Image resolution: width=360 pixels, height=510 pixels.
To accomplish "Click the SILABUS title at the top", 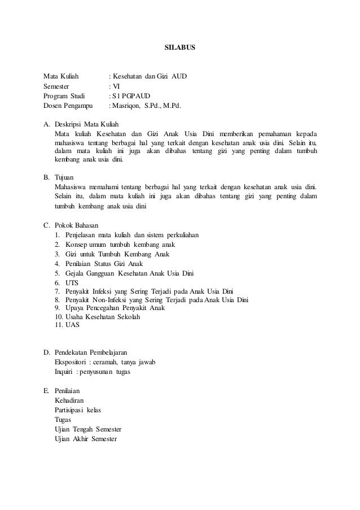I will pyautogui.click(x=180, y=49).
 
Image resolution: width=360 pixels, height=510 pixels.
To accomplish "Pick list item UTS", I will pyautogui.click(x=72, y=282).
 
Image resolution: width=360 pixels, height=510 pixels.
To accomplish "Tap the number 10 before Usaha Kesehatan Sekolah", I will pyautogui.click(x=59, y=317).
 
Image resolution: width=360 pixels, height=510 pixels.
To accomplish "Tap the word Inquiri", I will pyautogui.click(x=64, y=371).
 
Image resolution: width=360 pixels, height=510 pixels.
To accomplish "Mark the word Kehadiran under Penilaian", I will pyautogui.click(x=71, y=399).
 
